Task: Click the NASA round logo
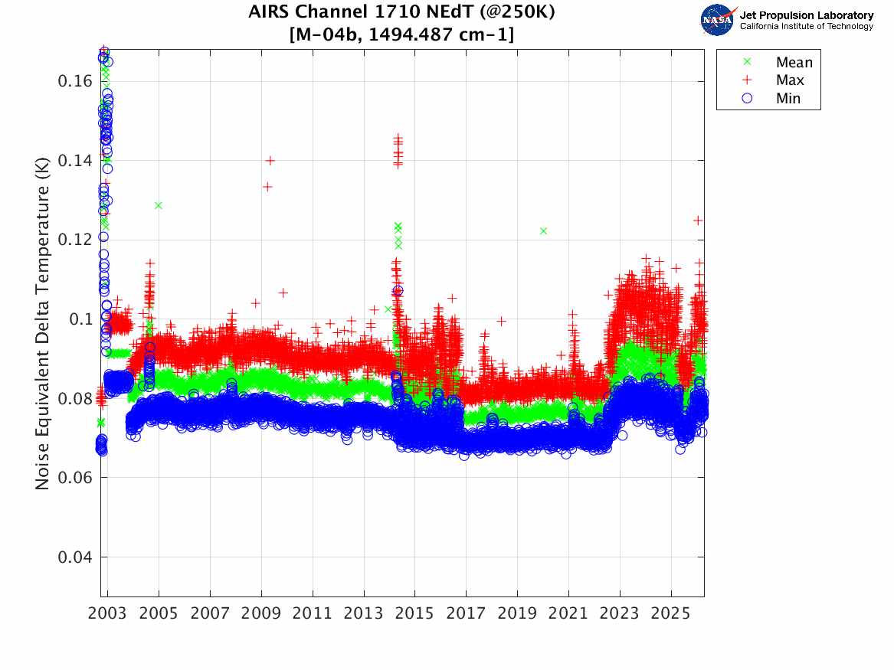[717, 20]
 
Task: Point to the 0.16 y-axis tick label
[75, 81]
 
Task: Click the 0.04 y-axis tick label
[75, 557]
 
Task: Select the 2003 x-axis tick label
[108, 614]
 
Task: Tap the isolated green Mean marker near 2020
[543, 230]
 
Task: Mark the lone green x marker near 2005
[159, 205]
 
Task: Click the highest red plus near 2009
[270, 160]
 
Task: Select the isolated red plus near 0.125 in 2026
[698, 221]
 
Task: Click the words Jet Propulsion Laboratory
[806, 15]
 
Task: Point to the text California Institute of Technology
[806, 27]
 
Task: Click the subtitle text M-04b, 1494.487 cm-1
[401, 34]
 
